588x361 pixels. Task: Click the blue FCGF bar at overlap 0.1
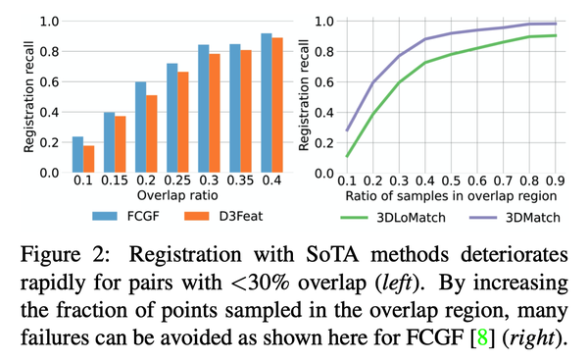point(78,155)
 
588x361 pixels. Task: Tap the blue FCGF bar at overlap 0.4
point(238,103)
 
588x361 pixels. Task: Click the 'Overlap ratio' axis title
point(163,196)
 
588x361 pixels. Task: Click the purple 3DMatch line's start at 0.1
point(346,129)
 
